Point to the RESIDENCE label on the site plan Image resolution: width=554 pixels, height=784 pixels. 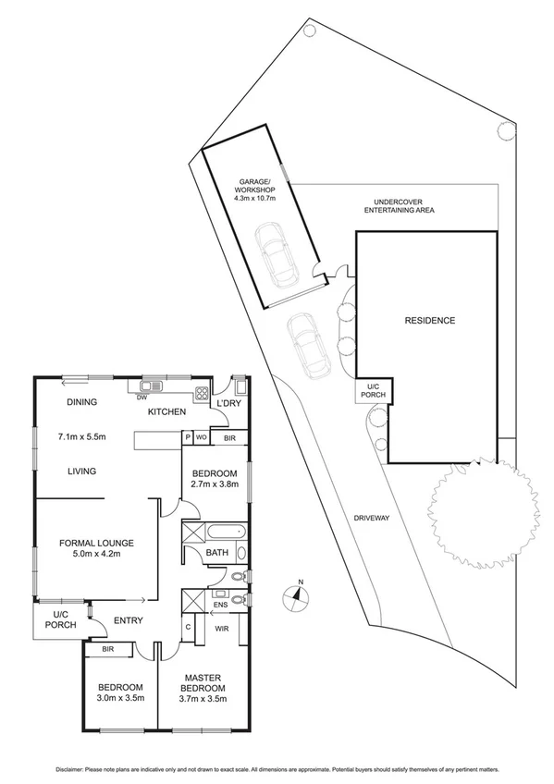pyautogui.click(x=430, y=321)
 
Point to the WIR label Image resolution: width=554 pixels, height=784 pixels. pyautogui.click(x=221, y=629)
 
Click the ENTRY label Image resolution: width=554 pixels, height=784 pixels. pyautogui.click(x=128, y=620)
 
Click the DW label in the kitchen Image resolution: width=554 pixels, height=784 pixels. pyautogui.click(x=142, y=398)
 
